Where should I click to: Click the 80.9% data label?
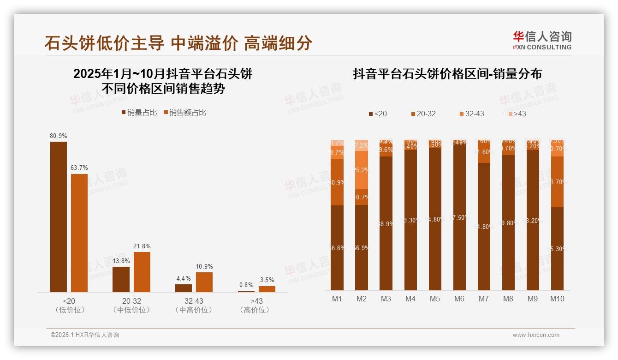[x=59, y=136]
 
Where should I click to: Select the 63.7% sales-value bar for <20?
[x=79, y=233]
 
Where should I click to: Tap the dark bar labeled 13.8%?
[x=121, y=279]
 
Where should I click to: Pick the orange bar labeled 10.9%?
[x=204, y=282]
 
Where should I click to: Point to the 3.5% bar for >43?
[x=267, y=289]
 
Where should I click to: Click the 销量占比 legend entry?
[x=139, y=112]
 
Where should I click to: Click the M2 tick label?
[x=362, y=299]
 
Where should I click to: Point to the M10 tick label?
[x=557, y=299]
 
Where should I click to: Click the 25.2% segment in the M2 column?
[x=362, y=170]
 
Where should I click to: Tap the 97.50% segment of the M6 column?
[x=459, y=217]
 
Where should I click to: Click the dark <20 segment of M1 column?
[x=337, y=248]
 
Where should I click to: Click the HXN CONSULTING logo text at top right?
[x=542, y=47]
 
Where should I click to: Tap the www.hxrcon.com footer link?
[x=536, y=335]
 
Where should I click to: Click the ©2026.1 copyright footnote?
[x=85, y=335]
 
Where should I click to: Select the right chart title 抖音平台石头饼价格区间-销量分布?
[x=447, y=74]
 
